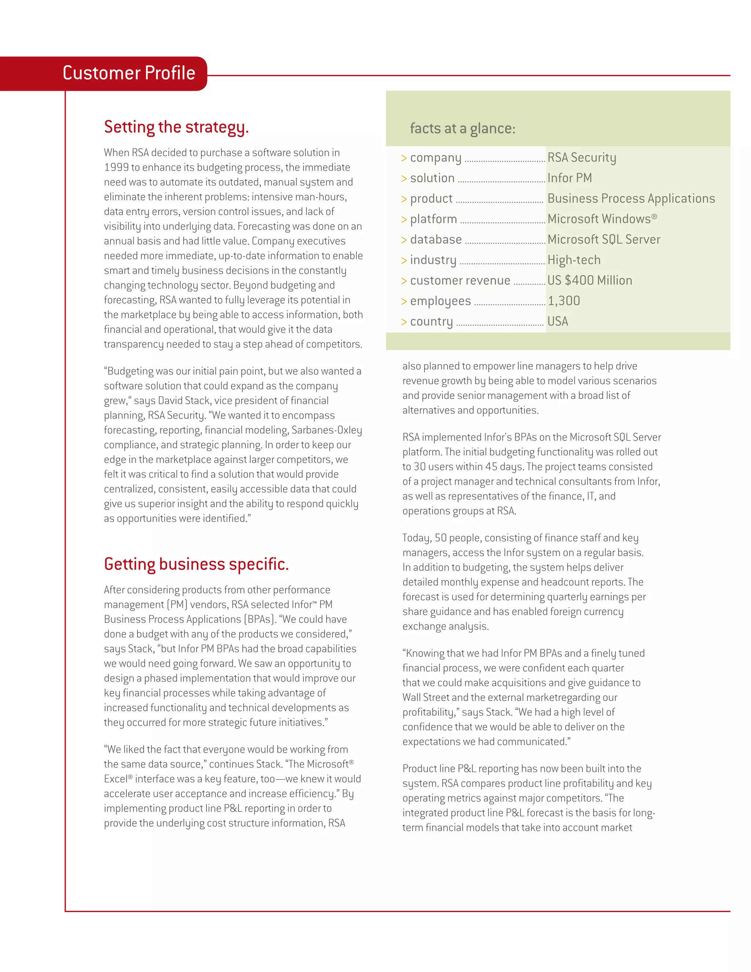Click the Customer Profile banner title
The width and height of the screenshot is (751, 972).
tap(129, 73)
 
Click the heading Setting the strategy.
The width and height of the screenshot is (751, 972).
tap(176, 127)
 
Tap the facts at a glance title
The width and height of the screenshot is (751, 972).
tap(462, 129)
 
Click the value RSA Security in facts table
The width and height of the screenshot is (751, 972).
tap(582, 158)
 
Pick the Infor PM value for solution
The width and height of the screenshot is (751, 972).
tap(569, 178)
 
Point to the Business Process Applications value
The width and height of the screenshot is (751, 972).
tap(631, 198)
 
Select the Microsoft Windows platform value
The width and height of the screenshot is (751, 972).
tap(601, 219)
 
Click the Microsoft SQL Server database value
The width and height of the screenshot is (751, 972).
tap(604, 240)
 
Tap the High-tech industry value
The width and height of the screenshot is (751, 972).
tap(574, 260)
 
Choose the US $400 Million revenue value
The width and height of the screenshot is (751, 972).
tap(590, 280)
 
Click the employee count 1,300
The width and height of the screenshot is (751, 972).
tap(564, 301)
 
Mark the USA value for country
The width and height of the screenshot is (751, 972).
tap(557, 321)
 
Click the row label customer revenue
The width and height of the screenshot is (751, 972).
tap(460, 280)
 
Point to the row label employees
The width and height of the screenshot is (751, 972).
tap(440, 301)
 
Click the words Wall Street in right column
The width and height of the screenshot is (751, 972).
tap(426, 697)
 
